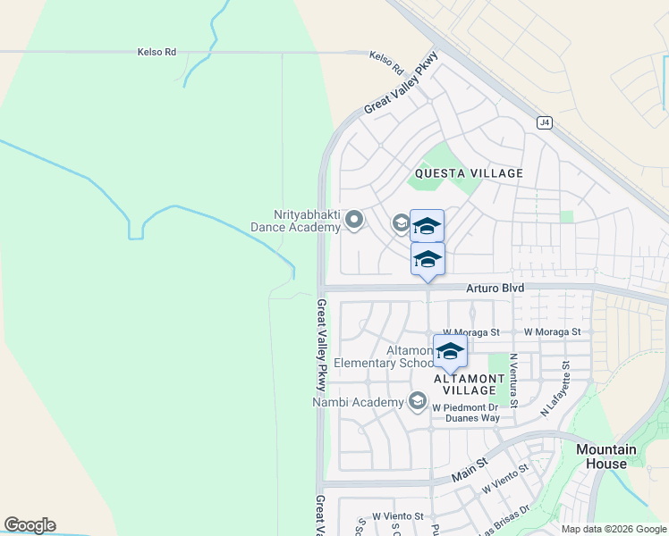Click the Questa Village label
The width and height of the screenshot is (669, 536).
click(468, 173)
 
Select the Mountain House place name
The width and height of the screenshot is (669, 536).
click(606, 456)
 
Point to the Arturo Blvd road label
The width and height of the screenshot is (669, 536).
click(495, 289)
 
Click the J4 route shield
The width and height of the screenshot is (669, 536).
click(544, 122)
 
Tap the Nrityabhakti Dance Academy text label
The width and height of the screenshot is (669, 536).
click(307, 221)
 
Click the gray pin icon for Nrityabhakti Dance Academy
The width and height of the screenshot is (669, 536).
click(354, 219)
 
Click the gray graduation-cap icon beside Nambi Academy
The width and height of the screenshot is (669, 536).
click(417, 402)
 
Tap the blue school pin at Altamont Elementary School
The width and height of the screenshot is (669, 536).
click(450, 352)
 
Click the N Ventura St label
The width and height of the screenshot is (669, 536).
click(513, 381)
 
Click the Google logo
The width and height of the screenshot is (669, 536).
click(30, 525)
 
